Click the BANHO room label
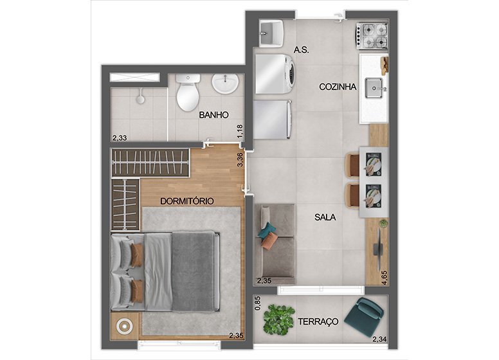213,115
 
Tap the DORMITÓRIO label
187,201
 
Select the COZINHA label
338,87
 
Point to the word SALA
325,217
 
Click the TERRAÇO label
318,321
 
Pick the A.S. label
301,50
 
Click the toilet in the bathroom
188,92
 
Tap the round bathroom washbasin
225,84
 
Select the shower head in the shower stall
140,97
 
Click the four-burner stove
372,36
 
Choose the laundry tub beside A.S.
271,33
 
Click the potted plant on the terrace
278,319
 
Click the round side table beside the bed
124,325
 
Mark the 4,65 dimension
385,278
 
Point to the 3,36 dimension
240,159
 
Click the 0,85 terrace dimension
258,303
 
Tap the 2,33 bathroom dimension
120,138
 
